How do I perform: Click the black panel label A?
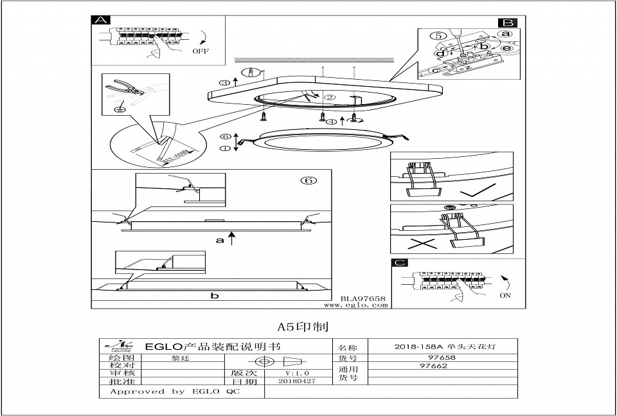(100, 20)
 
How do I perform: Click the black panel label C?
(400, 264)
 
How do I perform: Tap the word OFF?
(201, 51)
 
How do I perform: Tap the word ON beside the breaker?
(505, 296)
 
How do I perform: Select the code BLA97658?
(362, 299)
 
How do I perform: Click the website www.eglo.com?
(364, 305)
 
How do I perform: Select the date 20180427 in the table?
(297, 381)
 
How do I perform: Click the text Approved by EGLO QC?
(175, 392)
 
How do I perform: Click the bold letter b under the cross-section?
(215, 296)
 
